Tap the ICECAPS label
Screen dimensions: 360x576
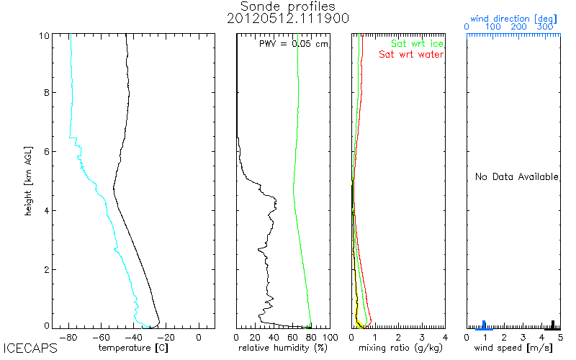coord(30,348)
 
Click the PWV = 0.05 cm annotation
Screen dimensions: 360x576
coord(293,44)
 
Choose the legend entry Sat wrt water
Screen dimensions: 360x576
coord(411,54)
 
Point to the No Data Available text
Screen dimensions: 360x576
coord(516,176)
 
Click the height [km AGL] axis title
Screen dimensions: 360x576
coord(27,180)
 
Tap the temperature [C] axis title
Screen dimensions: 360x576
coord(134,348)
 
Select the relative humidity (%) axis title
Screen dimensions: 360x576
coord(284,348)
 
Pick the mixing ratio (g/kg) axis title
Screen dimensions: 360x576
coord(398,348)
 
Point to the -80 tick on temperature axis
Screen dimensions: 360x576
coord(68,336)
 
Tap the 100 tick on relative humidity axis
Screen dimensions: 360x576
coord(329,336)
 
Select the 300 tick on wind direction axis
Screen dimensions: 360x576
coord(546,27)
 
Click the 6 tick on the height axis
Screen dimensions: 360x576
coord(46,151)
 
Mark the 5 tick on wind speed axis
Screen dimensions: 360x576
coord(559,336)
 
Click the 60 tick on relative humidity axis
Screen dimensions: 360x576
coord(292,336)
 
